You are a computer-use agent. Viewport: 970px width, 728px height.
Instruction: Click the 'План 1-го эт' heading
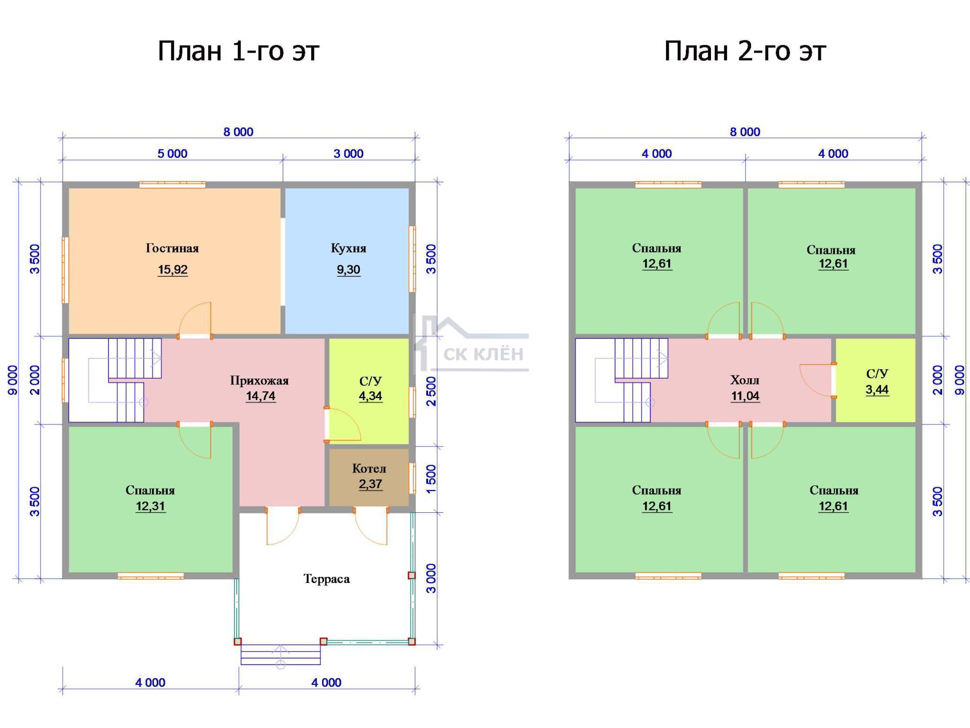tap(238, 51)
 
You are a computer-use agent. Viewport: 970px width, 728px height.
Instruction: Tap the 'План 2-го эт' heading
tap(745, 51)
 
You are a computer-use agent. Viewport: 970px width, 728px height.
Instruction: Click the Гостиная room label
tap(172, 248)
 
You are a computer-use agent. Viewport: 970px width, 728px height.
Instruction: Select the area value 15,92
tap(172, 270)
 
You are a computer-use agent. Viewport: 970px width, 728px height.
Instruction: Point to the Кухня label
tap(349, 248)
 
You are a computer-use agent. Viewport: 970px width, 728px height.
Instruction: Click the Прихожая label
tap(260, 381)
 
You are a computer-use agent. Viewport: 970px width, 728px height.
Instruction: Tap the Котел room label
tap(369, 469)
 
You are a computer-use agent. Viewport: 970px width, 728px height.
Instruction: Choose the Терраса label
tap(327, 579)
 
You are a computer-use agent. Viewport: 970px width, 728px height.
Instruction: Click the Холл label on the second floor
tap(745, 380)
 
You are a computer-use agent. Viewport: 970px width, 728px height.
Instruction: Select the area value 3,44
tap(877, 390)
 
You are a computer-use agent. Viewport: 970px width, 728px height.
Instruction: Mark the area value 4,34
tap(370, 396)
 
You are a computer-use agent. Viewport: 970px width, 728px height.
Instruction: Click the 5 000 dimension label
tap(172, 154)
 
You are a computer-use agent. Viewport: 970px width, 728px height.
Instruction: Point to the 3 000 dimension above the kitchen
tap(349, 154)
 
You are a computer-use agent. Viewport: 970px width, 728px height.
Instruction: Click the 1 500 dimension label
tap(431, 479)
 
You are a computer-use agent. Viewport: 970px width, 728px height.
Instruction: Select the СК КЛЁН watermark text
tap(484, 354)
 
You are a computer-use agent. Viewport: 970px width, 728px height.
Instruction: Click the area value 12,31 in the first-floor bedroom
tap(151, 506)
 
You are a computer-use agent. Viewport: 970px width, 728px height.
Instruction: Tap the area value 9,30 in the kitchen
tap(349, 270)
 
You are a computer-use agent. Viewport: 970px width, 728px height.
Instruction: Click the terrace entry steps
tap(281, 655)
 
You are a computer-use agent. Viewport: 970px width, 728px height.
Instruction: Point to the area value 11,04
tap(745, 396)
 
